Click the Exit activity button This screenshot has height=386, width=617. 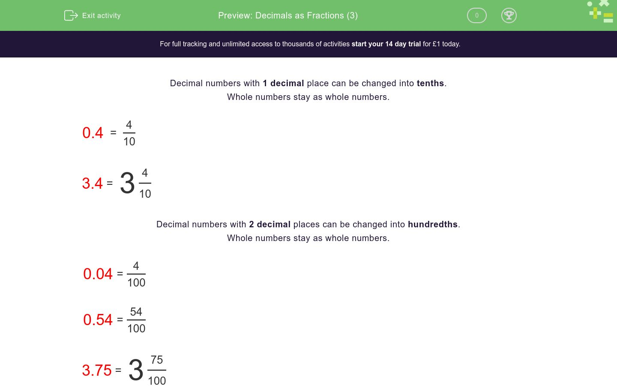click(x=93, y=15)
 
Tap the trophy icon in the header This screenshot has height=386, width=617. click(x=509, y=15)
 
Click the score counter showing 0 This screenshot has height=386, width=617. click(x=476, y=15)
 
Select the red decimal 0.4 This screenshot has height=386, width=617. click(x=93, y=133)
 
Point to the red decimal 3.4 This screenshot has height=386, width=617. click(x=92, y=184)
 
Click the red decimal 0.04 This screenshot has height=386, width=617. click(x=98, y=274)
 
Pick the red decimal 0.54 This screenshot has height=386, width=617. click(x=98, y=320)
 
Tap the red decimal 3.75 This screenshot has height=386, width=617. click(x=97, y=371)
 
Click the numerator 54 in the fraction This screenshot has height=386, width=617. click(x=136, y=312)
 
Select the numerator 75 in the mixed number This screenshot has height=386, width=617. click(x=157, y=360)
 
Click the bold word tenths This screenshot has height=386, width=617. click(x=430, y=83)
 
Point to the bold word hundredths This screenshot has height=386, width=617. click(x=433, y=224)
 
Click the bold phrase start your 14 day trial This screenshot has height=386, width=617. click(x=386, y=44)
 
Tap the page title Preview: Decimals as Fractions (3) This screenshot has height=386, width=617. click(x=288, y=15)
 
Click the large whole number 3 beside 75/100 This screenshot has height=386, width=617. click(x=136, y=370)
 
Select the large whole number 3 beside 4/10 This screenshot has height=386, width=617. click(x=127, y=183)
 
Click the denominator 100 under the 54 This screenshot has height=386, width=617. click(x=136, y=329)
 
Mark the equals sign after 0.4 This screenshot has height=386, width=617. click(x=113, y=133)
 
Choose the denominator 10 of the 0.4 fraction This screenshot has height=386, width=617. click(x=129, y=142)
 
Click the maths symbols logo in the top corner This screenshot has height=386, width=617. click(x=601, y=12)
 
